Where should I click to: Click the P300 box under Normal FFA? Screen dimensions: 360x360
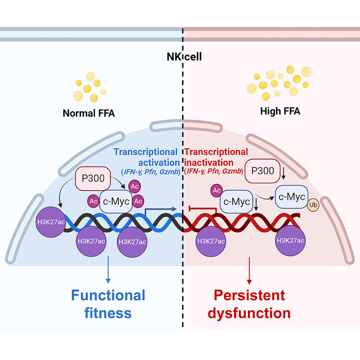click(92, 178)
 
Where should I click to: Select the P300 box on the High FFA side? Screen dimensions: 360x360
click(262, 171)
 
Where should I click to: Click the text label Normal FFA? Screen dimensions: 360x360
click(89, 113)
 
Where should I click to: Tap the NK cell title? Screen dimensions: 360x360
click(183, 57)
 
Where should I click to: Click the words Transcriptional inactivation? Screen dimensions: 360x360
click(217, 157)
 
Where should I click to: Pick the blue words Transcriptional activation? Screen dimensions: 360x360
click(146, 157)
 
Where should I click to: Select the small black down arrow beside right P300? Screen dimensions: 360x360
click(284, 176)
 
